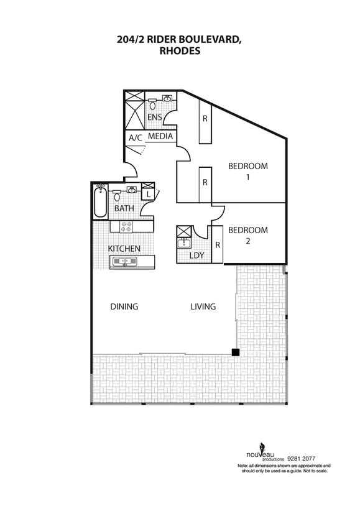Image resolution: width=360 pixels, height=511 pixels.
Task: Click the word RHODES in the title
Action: click(180, 52)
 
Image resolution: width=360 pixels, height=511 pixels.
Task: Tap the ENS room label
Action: click(154, 117)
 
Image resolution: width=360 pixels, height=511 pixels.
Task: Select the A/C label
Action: click(135, 138)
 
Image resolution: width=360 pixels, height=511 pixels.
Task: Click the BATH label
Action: click(124, 208)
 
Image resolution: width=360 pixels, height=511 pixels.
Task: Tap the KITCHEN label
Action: click(124, 249)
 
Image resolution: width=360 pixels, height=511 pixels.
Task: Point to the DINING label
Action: click(124, 306)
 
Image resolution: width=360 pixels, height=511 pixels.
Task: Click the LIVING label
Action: click(203, 306)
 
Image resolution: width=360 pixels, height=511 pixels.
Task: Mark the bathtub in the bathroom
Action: click(101, 202)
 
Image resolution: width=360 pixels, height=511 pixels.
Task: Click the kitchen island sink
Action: click(124, 262)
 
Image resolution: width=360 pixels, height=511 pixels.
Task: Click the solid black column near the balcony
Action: click(236, 352)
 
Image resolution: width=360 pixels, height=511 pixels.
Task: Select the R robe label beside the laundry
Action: click(217, 245)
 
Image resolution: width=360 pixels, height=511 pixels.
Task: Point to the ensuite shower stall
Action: click(134, 112)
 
